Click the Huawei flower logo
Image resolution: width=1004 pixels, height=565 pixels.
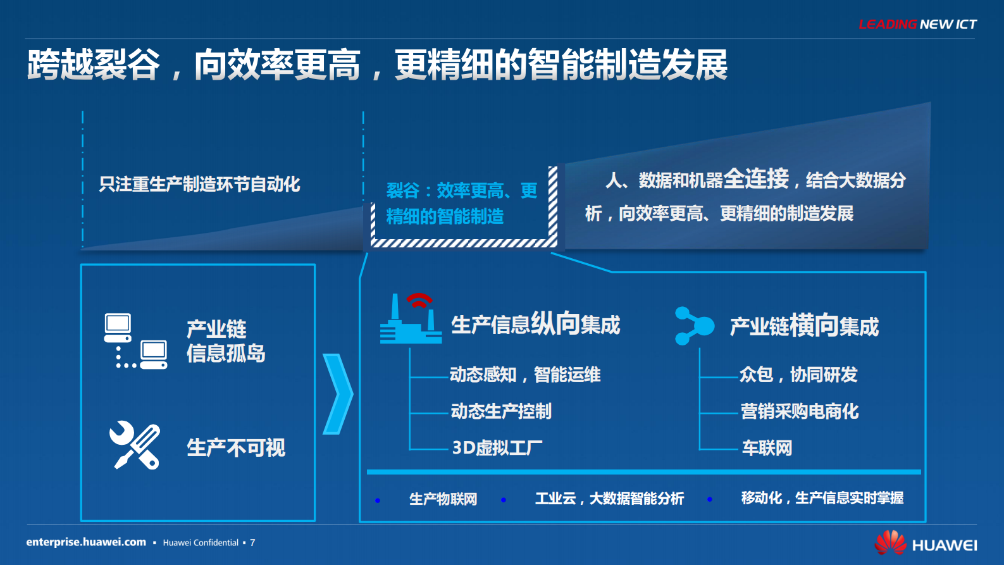890,543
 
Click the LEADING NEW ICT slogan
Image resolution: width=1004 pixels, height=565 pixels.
917,24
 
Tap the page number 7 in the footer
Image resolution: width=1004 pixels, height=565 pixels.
252,543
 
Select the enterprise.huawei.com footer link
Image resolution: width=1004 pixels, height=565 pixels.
86,542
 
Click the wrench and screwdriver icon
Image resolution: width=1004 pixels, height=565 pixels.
135,445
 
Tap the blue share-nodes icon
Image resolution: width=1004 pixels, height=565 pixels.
693,326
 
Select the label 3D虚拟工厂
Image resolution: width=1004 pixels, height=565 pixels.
497,448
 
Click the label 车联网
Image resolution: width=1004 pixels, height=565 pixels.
767,448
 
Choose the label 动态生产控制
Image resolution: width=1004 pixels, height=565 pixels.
500,411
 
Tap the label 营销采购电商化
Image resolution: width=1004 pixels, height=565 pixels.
800,411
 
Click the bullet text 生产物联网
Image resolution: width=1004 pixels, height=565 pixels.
443,499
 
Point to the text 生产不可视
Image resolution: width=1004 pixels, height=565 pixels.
236,448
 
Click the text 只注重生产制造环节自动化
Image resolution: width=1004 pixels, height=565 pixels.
199,184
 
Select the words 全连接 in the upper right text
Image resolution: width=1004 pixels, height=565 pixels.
756,179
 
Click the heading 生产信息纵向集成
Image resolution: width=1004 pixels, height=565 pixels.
535,324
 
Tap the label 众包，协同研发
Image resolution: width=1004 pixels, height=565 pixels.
798,375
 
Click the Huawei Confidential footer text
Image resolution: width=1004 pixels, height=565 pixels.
201,543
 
